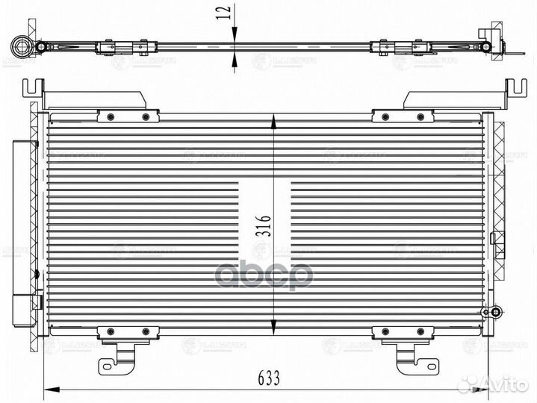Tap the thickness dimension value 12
click(x=222, y=13)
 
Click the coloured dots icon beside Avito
click(x=468, y=384)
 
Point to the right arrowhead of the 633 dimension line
click(x=485, y=390)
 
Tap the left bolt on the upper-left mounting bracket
click(x=111, y=116)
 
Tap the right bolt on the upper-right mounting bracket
click(x=420, y=116)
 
